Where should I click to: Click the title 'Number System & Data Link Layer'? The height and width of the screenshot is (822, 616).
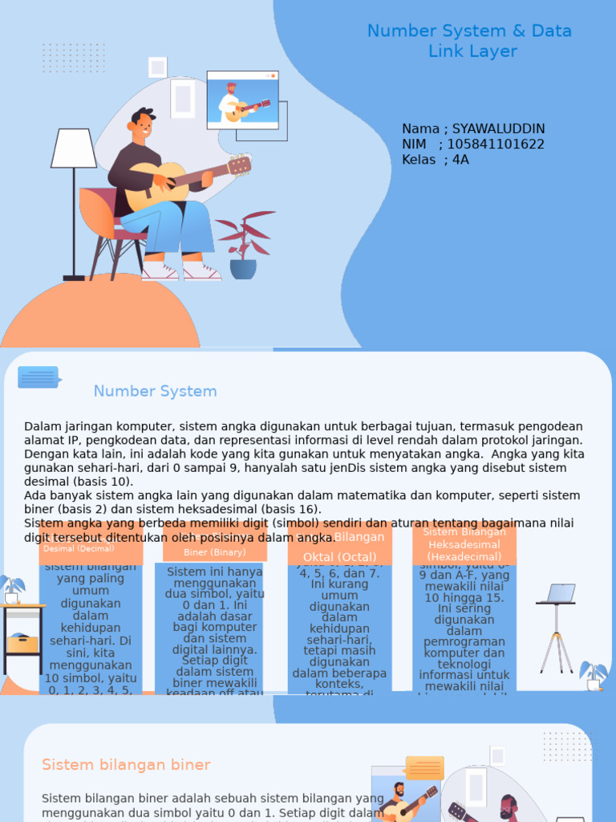pyautogui.click(x=469, y=41)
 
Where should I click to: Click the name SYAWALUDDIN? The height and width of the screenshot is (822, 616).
pyautogui.click(x=498, y=129)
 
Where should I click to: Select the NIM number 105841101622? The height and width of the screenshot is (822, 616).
pyautogui.click(x=495, y=144)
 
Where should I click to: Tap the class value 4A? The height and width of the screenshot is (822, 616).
pyautogui.click(x=460, y=160)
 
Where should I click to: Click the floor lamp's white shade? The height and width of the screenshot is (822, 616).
pyautogui.click(x=74, y=149)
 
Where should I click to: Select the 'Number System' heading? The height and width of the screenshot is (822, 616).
pyautogui.click(x=155, y=392)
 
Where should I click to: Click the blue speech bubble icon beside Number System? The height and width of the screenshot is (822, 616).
pyautogui.click(x=38, y=377)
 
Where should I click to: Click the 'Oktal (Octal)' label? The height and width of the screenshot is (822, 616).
pyautogui.click(x=339, y=557)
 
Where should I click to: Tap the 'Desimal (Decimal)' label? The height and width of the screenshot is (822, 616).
pyautogui.click(x=79, y=549)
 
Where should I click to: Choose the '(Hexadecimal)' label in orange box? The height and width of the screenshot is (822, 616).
pyautogui.click(x=464, y=556)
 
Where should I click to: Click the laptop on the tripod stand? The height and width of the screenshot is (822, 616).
pyautogui.click(x=559, y=594)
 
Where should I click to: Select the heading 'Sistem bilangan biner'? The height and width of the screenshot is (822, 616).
pyautogui.click(x=126, y=765)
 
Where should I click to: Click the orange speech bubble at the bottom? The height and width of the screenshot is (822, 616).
pyautogui.click(x=424, y=767)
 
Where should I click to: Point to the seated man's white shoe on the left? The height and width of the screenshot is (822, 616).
pyautogui.click(x=160, y=272)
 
